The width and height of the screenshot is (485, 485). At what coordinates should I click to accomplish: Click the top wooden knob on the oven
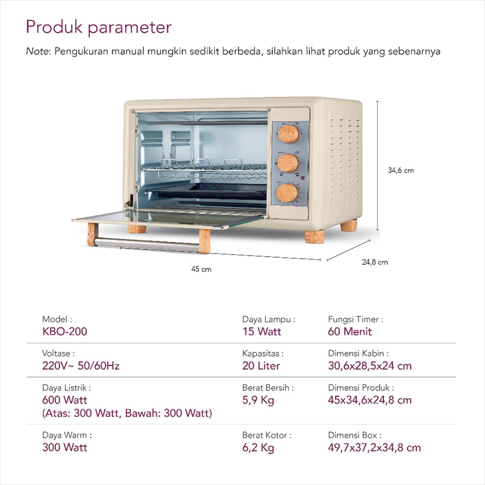point(288,134)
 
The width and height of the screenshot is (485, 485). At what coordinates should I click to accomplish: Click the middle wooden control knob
point(287,163)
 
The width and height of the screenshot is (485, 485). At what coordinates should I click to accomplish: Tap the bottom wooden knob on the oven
point(287,193)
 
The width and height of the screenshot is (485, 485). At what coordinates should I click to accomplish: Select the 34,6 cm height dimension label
point(401,171)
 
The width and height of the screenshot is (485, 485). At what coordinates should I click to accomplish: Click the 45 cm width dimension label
point(201,269)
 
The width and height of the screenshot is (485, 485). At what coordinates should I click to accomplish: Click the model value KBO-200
point(64,332)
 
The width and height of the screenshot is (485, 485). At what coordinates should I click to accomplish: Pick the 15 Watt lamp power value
point(261,332)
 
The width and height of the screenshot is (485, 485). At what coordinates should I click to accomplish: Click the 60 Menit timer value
point(350,332)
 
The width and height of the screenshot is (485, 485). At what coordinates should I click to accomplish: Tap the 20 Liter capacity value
point(261,366)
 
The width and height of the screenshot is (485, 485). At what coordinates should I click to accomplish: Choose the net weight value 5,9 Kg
point(258,400)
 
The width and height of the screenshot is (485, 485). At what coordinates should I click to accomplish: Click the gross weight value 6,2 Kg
point(258,448)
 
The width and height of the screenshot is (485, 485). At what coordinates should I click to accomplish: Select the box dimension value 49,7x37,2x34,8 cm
point(374,448)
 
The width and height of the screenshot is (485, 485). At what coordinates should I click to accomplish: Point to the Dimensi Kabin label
point(358,353)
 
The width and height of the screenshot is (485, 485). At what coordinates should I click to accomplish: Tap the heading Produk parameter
point(99,27)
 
